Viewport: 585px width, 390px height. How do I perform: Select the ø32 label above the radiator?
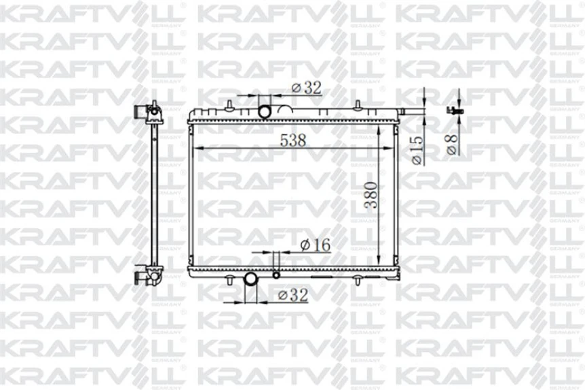(x=306, y=88)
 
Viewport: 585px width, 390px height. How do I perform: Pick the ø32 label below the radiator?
(x=292, y=294)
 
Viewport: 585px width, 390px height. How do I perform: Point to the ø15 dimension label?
(x=417, y=149)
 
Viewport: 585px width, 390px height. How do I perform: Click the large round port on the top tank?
(x=265, y=110)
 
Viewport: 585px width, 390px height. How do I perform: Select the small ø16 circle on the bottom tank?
(x=276, y=275)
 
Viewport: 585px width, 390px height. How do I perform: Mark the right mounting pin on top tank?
(x=357, y=105)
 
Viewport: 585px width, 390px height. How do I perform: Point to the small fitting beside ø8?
(x=453, y=110)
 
